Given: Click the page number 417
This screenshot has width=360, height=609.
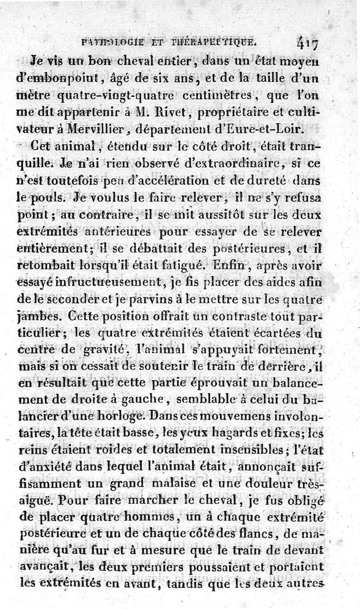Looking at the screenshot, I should coord(307,44).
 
